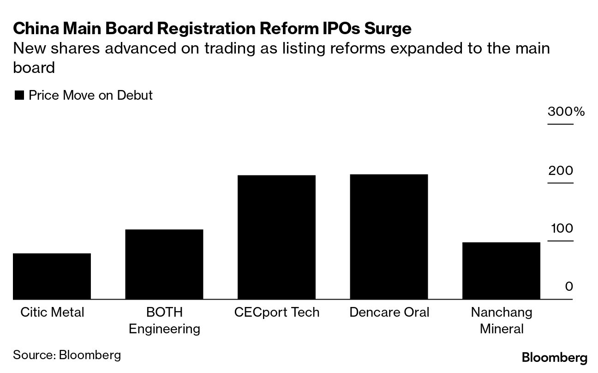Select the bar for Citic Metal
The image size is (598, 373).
pos(52,276)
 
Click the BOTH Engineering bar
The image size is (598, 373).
pos(164,264)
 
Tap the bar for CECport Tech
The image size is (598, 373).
pos(276,237)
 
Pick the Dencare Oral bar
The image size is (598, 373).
pos(389,237)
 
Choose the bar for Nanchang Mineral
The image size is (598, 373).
pos(501,271)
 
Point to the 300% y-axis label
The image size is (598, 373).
pos(566,112)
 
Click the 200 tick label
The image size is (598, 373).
pos(561,171)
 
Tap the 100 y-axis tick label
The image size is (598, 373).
pos(561,229)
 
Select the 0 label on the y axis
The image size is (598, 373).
pos(568,287)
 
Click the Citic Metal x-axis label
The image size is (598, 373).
pos(52,313)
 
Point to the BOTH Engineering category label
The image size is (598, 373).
pos(164,320)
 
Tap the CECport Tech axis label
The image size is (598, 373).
pos(276,313)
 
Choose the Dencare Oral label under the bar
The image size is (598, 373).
pos(389,313)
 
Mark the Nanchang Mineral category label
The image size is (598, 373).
pos(502,320)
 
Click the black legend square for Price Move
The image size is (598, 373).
pos(19,96)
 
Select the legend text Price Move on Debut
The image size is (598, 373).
pos(90,96)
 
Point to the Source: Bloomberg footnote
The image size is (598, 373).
pos(67,355)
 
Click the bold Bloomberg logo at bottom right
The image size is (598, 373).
pos(555,358)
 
